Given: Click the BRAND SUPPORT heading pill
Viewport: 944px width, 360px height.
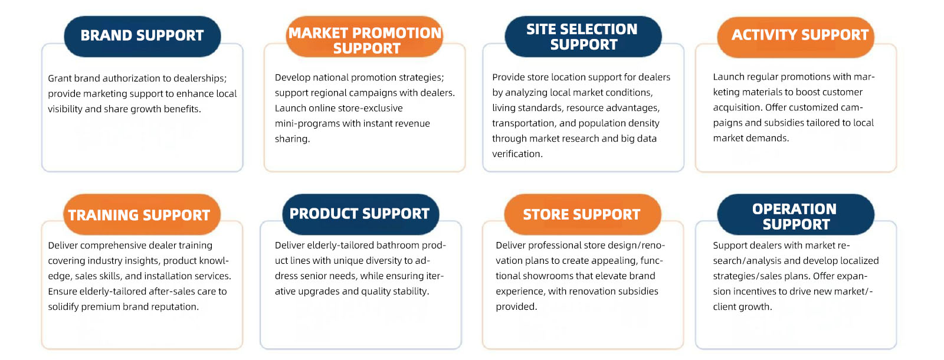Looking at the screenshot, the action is click(x=142, y=36).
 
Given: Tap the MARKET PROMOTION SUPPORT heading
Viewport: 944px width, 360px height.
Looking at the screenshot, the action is click(x=365, y=36).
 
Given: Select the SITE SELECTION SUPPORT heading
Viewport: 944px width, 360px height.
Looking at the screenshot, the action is click(x=584, y=36).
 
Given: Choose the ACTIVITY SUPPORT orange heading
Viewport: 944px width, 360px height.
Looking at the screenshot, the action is click(x=796, y=37).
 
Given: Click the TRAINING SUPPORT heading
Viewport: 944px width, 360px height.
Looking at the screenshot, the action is click(x=142, y=214).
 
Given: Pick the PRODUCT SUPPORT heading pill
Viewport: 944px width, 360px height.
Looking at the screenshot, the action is click(x=360, y=214).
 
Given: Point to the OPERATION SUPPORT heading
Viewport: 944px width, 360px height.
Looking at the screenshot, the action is click(x=796, y=214).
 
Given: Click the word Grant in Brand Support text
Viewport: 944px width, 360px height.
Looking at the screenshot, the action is click(x=60, y=78).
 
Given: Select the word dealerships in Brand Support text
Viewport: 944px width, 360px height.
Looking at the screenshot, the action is click(x=200, y=79).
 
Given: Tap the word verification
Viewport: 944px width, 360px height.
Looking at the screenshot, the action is click(x=517, y=154).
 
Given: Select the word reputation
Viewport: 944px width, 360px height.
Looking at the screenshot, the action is click(x=175, y=307).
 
